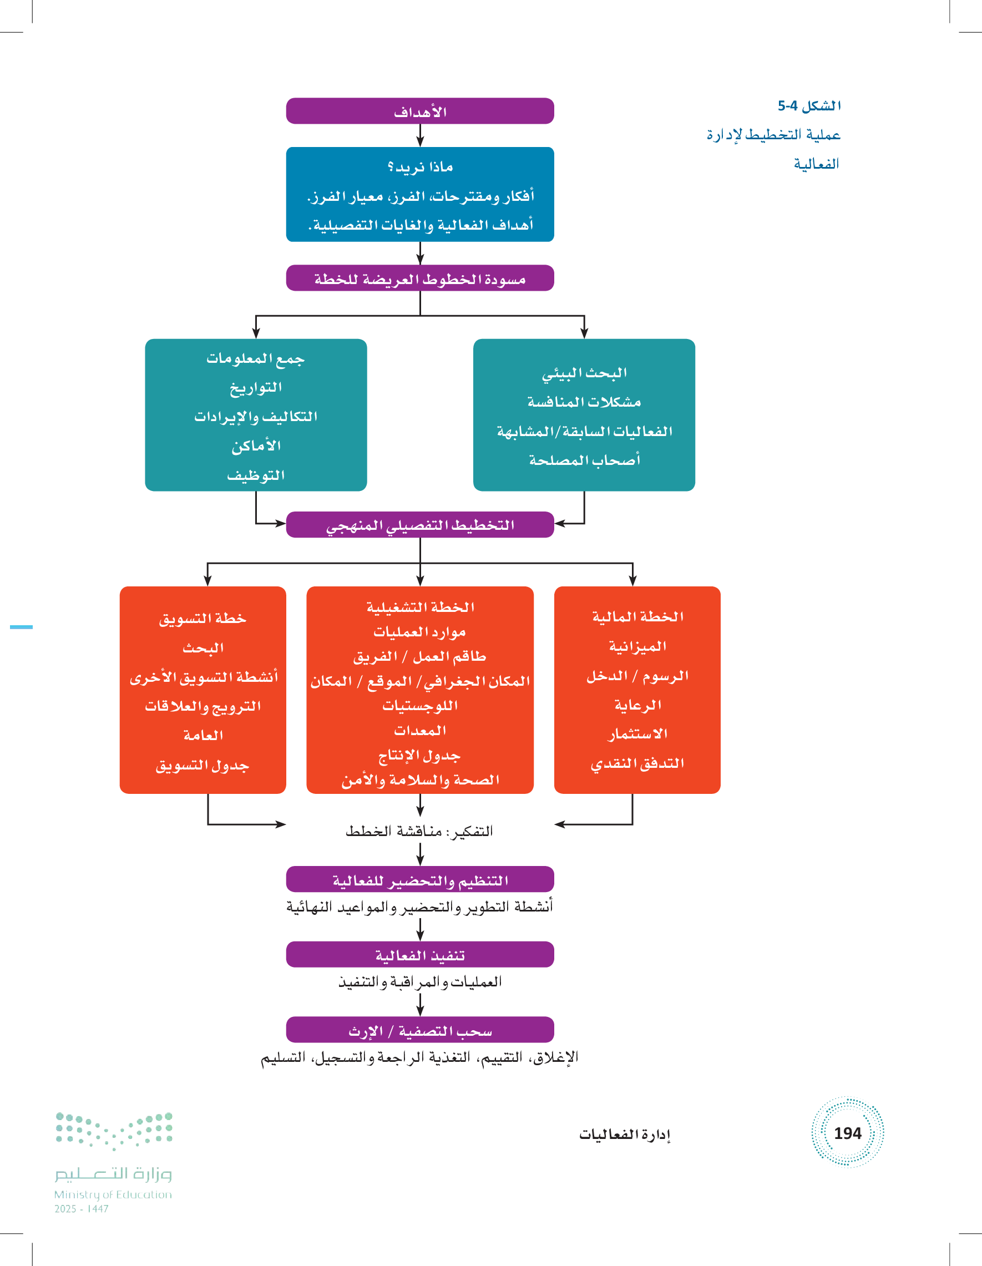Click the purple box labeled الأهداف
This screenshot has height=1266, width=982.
click(419, 112)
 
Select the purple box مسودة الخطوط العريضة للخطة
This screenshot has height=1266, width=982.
click(419, 279)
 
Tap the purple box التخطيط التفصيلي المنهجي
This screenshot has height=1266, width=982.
click(419, 525)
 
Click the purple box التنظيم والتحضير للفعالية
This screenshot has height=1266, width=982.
click(419, 880)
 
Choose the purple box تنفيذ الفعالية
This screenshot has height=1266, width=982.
click(419, 955)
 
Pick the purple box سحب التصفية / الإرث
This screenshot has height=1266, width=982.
click(419, 1030)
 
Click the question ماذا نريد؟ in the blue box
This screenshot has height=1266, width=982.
click(419, 167)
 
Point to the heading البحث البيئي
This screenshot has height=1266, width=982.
click(584, 373)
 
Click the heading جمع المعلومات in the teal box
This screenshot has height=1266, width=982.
click(256, 359)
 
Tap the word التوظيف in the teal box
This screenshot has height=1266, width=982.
click(256, 475)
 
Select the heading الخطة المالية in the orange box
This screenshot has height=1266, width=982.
click(637, 616)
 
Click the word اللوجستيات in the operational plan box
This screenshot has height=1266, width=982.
click(419, 706)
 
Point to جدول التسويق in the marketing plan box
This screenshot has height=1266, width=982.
click(203, 765)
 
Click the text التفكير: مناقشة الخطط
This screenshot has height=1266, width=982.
click(419, 831)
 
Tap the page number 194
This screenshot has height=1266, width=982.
click(847, 1133)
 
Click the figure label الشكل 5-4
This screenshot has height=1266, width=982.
click(809, 105)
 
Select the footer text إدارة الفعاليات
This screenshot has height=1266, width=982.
click(624, 1134)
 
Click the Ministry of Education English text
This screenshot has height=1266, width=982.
click(113, 1194)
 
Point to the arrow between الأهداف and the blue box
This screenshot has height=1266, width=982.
click(419, 135)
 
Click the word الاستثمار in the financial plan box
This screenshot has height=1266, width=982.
click(637, 734)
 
